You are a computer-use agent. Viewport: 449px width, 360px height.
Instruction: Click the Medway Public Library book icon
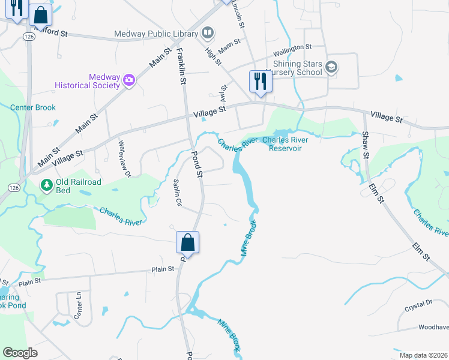tap(208, 32)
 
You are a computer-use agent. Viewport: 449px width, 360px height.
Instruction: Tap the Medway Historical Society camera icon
tap(128, 80)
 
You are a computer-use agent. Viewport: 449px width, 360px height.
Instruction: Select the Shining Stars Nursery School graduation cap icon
tap(331, 68)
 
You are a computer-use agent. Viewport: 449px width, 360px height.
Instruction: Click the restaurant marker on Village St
tap(260, 81)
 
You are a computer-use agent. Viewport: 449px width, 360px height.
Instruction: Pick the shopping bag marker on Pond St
tap(187, 242)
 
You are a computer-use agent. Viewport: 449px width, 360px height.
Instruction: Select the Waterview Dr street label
tap(124, 158)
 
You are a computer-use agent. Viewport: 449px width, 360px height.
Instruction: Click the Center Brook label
tap(33, 108)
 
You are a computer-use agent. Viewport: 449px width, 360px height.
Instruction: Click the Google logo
tap(20, 353)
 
